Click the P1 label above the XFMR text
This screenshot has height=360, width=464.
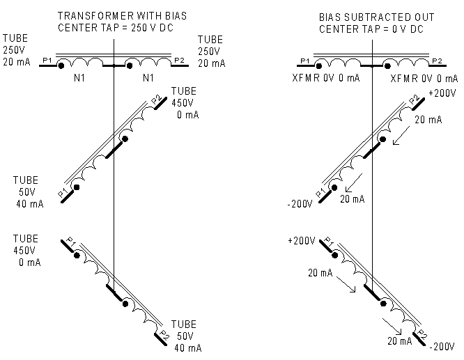click(304, 61)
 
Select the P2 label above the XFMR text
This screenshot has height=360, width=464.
click(438, 61)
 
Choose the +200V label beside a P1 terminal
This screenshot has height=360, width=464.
click(301, 241)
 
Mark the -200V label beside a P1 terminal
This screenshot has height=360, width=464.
click(302, 205)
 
